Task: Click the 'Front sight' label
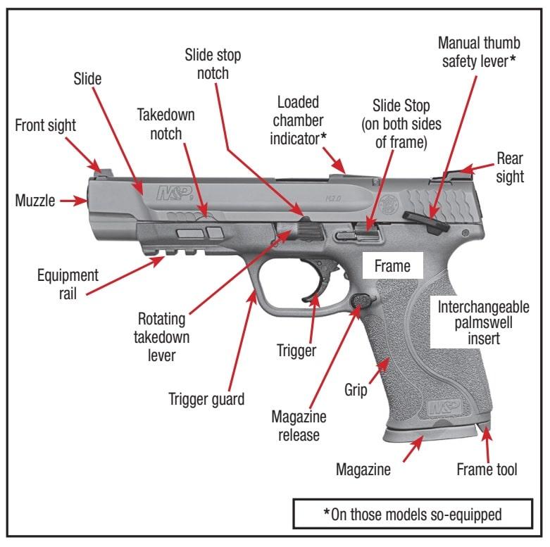[x=45, y=125]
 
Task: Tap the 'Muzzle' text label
[x=34, y=201]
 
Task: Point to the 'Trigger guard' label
[x=206, y=399]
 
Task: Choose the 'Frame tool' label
[x=487, y=469]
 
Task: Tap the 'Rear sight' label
[x=510, y=167]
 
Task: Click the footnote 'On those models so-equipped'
[x=412, y=514]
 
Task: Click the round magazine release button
[x=360, y=299]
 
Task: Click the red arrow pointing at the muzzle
[x=72, y=201]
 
